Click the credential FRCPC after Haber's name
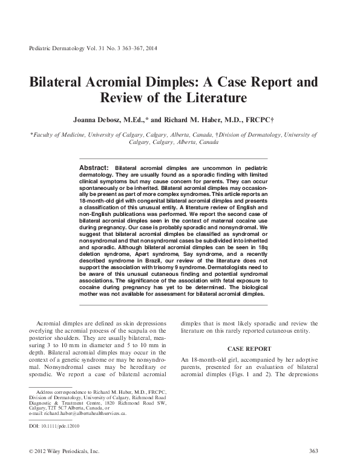pyautogui.click(x=260, y=120)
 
